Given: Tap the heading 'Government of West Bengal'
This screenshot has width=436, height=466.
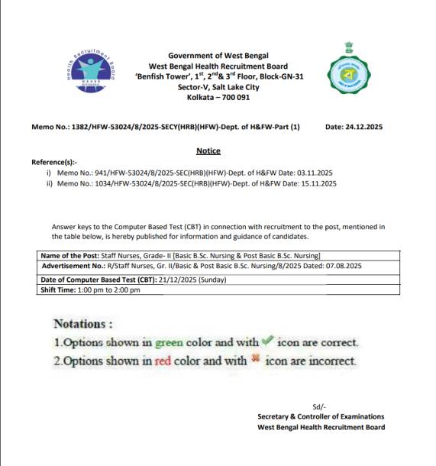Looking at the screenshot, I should click(x=219, y=56).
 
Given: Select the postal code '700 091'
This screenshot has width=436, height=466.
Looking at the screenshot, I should click(x=234, y=98).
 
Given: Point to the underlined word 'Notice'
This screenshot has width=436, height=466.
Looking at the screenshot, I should click(x=208, y=151).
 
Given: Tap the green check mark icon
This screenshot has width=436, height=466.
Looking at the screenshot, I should click(x=266, y=341).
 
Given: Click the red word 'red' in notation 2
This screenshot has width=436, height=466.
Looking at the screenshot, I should click(x=164, y=361).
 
